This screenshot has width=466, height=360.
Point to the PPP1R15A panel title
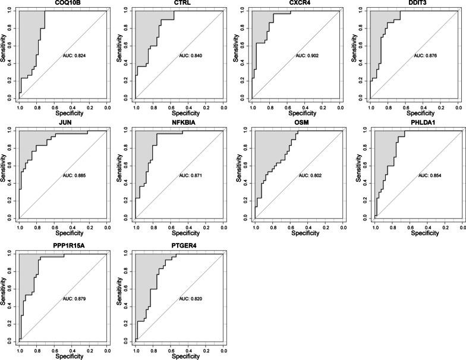[63, 245]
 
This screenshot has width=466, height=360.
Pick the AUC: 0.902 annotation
[308, 56]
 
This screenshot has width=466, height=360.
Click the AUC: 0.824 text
[74, 56]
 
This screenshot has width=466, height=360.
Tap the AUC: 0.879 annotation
[74, 298]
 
